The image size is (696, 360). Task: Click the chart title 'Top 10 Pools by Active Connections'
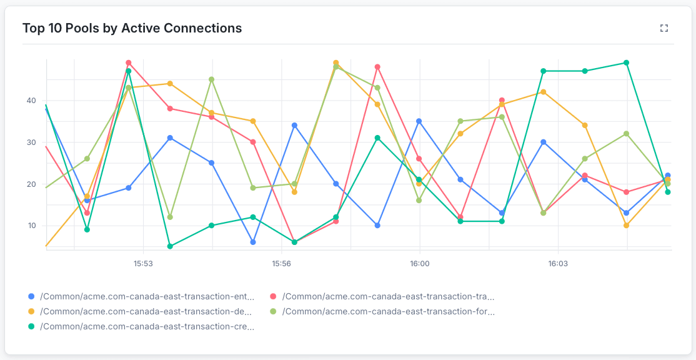point(132,28)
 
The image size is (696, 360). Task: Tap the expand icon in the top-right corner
point(664,28)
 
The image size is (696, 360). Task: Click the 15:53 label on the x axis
point(143,264)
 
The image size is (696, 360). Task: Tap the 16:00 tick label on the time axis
point(419,264)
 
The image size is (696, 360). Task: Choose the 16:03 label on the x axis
point(557,264)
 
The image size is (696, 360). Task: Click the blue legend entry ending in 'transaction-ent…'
point(147,296)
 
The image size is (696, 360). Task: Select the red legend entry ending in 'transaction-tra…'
point(388,296)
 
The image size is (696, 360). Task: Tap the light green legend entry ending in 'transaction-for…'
point(388,311)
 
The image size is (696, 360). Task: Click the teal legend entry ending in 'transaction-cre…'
point(147,326)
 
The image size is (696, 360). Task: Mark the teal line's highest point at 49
point(626,63)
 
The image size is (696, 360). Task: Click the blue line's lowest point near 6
point(253,242)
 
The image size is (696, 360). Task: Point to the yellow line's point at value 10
point(626,226)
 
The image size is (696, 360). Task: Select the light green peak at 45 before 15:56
point(212,79)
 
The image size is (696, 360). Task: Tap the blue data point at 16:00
point(419,121)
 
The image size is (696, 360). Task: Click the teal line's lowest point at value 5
point(170,246)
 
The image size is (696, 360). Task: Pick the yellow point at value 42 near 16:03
point(543,92)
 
